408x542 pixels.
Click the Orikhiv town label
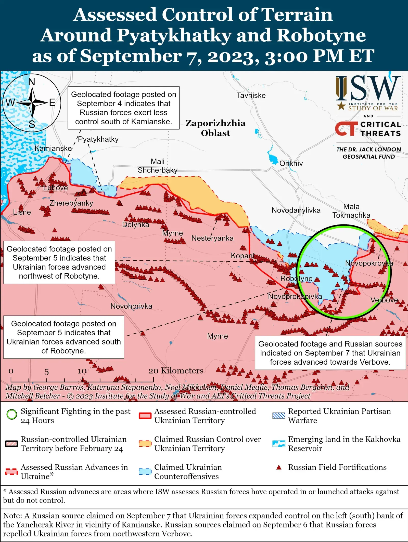[x=291, y=163]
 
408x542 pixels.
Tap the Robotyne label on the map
[x=296, y=279]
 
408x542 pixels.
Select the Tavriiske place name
[x=251, y=96]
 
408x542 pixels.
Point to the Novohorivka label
[x=131, y=306]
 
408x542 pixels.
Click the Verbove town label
[x=384, y=300]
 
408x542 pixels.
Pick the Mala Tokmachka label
[x=351, y=211]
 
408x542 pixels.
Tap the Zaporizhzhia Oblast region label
[x=215, y=128]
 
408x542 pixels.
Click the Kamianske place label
[x=53, y=148]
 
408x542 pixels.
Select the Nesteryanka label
[x=212, y=238]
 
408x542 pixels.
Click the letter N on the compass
[x=32, y=82]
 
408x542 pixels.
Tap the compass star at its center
[x=32, y=103]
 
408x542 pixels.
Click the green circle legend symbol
[x=12, y=415]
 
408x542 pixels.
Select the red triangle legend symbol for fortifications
[x=279, y=467]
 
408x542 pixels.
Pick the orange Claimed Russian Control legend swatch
[x=145, y=444]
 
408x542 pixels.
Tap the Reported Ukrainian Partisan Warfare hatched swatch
[x=278, y=416]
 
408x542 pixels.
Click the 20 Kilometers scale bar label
[x=176, y=371]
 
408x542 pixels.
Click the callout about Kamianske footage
[x=123, y=108]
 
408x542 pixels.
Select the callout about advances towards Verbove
[x=330, y=353]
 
